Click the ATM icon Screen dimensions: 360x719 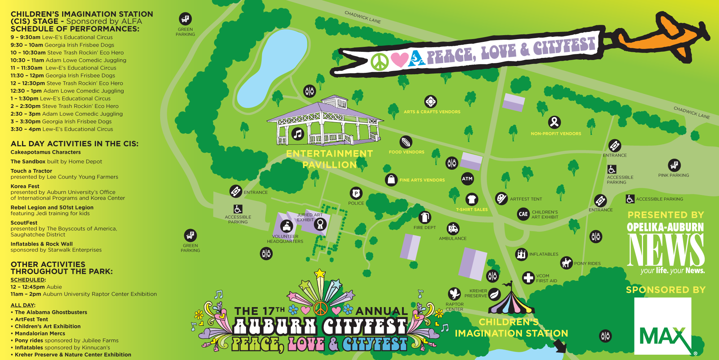(467, 179)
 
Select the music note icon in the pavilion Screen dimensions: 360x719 (298, 134)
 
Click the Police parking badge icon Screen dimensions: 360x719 (356, 193)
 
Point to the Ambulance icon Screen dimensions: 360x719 (453, 229)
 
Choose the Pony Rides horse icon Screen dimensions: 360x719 (566, 263)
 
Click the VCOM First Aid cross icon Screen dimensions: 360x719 (528, 278)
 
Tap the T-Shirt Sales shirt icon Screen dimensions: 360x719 (472, 200)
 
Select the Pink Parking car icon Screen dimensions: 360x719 (674, 165)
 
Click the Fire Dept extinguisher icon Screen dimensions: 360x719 (425, 217)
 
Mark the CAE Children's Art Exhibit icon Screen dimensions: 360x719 (523, 214)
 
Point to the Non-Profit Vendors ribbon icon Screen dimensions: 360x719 (554, 122)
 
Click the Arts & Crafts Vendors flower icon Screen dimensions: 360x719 (430, 102)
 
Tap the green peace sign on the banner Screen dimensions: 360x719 (380, 62)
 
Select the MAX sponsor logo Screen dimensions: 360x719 (663, 326)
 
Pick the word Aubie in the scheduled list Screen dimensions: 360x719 (54, 287)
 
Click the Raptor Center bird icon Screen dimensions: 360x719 (454, 294)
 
